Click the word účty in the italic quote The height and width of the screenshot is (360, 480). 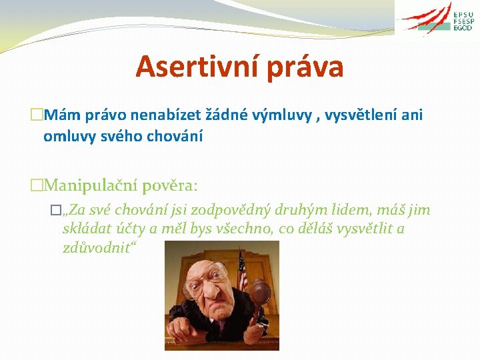[x=133, y=229]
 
